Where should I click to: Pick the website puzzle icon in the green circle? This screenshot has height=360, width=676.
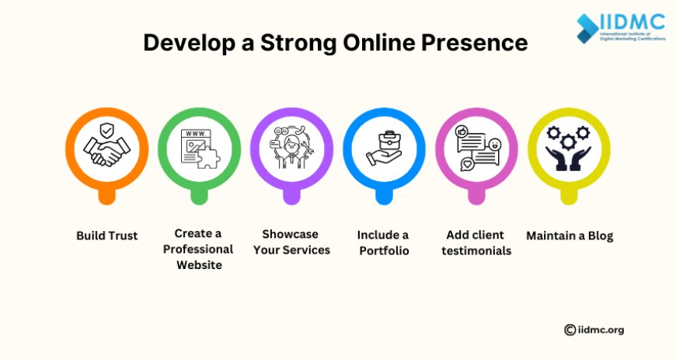(199, 148)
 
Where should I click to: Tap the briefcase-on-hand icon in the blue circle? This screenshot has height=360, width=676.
(384, 148)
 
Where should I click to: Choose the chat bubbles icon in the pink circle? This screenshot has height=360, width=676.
(476, 148)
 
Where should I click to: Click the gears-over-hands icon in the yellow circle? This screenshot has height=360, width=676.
(569, 148)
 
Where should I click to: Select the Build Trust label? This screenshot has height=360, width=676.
(106, 235)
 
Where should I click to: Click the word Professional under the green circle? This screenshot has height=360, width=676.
(198, 250)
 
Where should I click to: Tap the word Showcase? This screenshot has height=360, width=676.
(290, 234)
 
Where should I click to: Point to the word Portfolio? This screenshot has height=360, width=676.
(384, 250)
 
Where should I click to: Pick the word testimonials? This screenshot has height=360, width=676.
(476, 250)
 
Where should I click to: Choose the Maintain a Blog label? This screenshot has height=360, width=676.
(569, 235)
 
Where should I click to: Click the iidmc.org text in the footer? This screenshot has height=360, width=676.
(601, 330)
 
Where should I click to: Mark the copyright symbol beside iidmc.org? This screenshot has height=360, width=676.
(570, 330)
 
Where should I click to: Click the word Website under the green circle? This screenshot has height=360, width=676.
(198, 265)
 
